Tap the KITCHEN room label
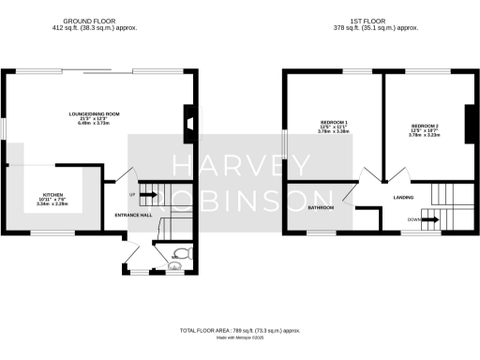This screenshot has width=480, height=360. point(52,195)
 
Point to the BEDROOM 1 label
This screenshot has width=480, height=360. point(334,124)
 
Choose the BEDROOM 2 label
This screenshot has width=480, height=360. point(426,125)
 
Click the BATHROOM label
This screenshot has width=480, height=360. point(322,207)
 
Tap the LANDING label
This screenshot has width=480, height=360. point(404,197)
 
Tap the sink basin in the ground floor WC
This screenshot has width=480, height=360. point(173,265)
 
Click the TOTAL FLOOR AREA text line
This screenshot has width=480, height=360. point(241,331)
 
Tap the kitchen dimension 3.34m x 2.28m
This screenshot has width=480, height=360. point(52,204)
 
